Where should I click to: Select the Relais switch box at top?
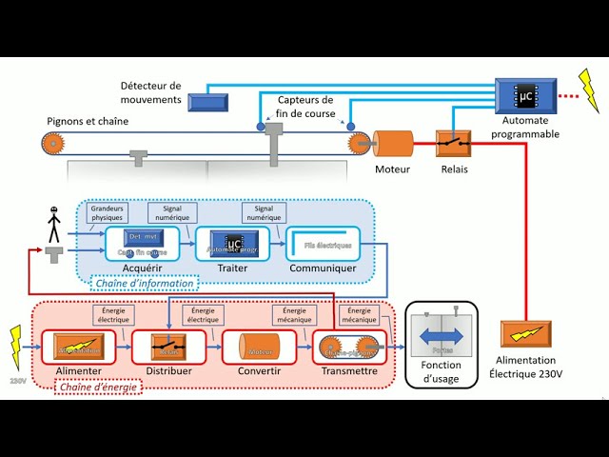coord(453,144)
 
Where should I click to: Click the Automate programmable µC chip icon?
coord(525,95)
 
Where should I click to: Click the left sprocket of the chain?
coord(53,144)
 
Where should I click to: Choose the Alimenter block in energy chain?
coord(78,347)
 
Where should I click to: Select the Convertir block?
coord(259,347)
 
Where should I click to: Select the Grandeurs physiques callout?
coord(106,211)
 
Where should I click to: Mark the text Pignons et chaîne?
coord(88,121)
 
